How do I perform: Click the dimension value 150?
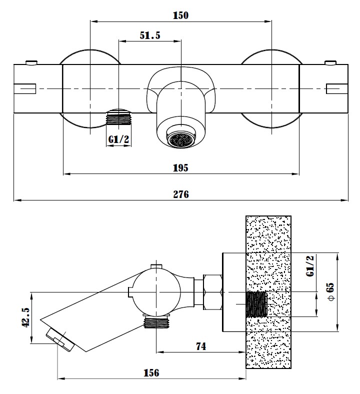click(180, 15)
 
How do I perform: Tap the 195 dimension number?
click(180, 167)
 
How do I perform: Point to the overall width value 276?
click(180, 194)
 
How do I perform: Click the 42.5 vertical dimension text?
click(25, 317)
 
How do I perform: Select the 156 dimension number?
click(151, 372)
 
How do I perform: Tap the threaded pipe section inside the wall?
click(257, 304)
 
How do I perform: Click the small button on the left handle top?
click(30, 62)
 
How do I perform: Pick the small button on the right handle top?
click(331, 62)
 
